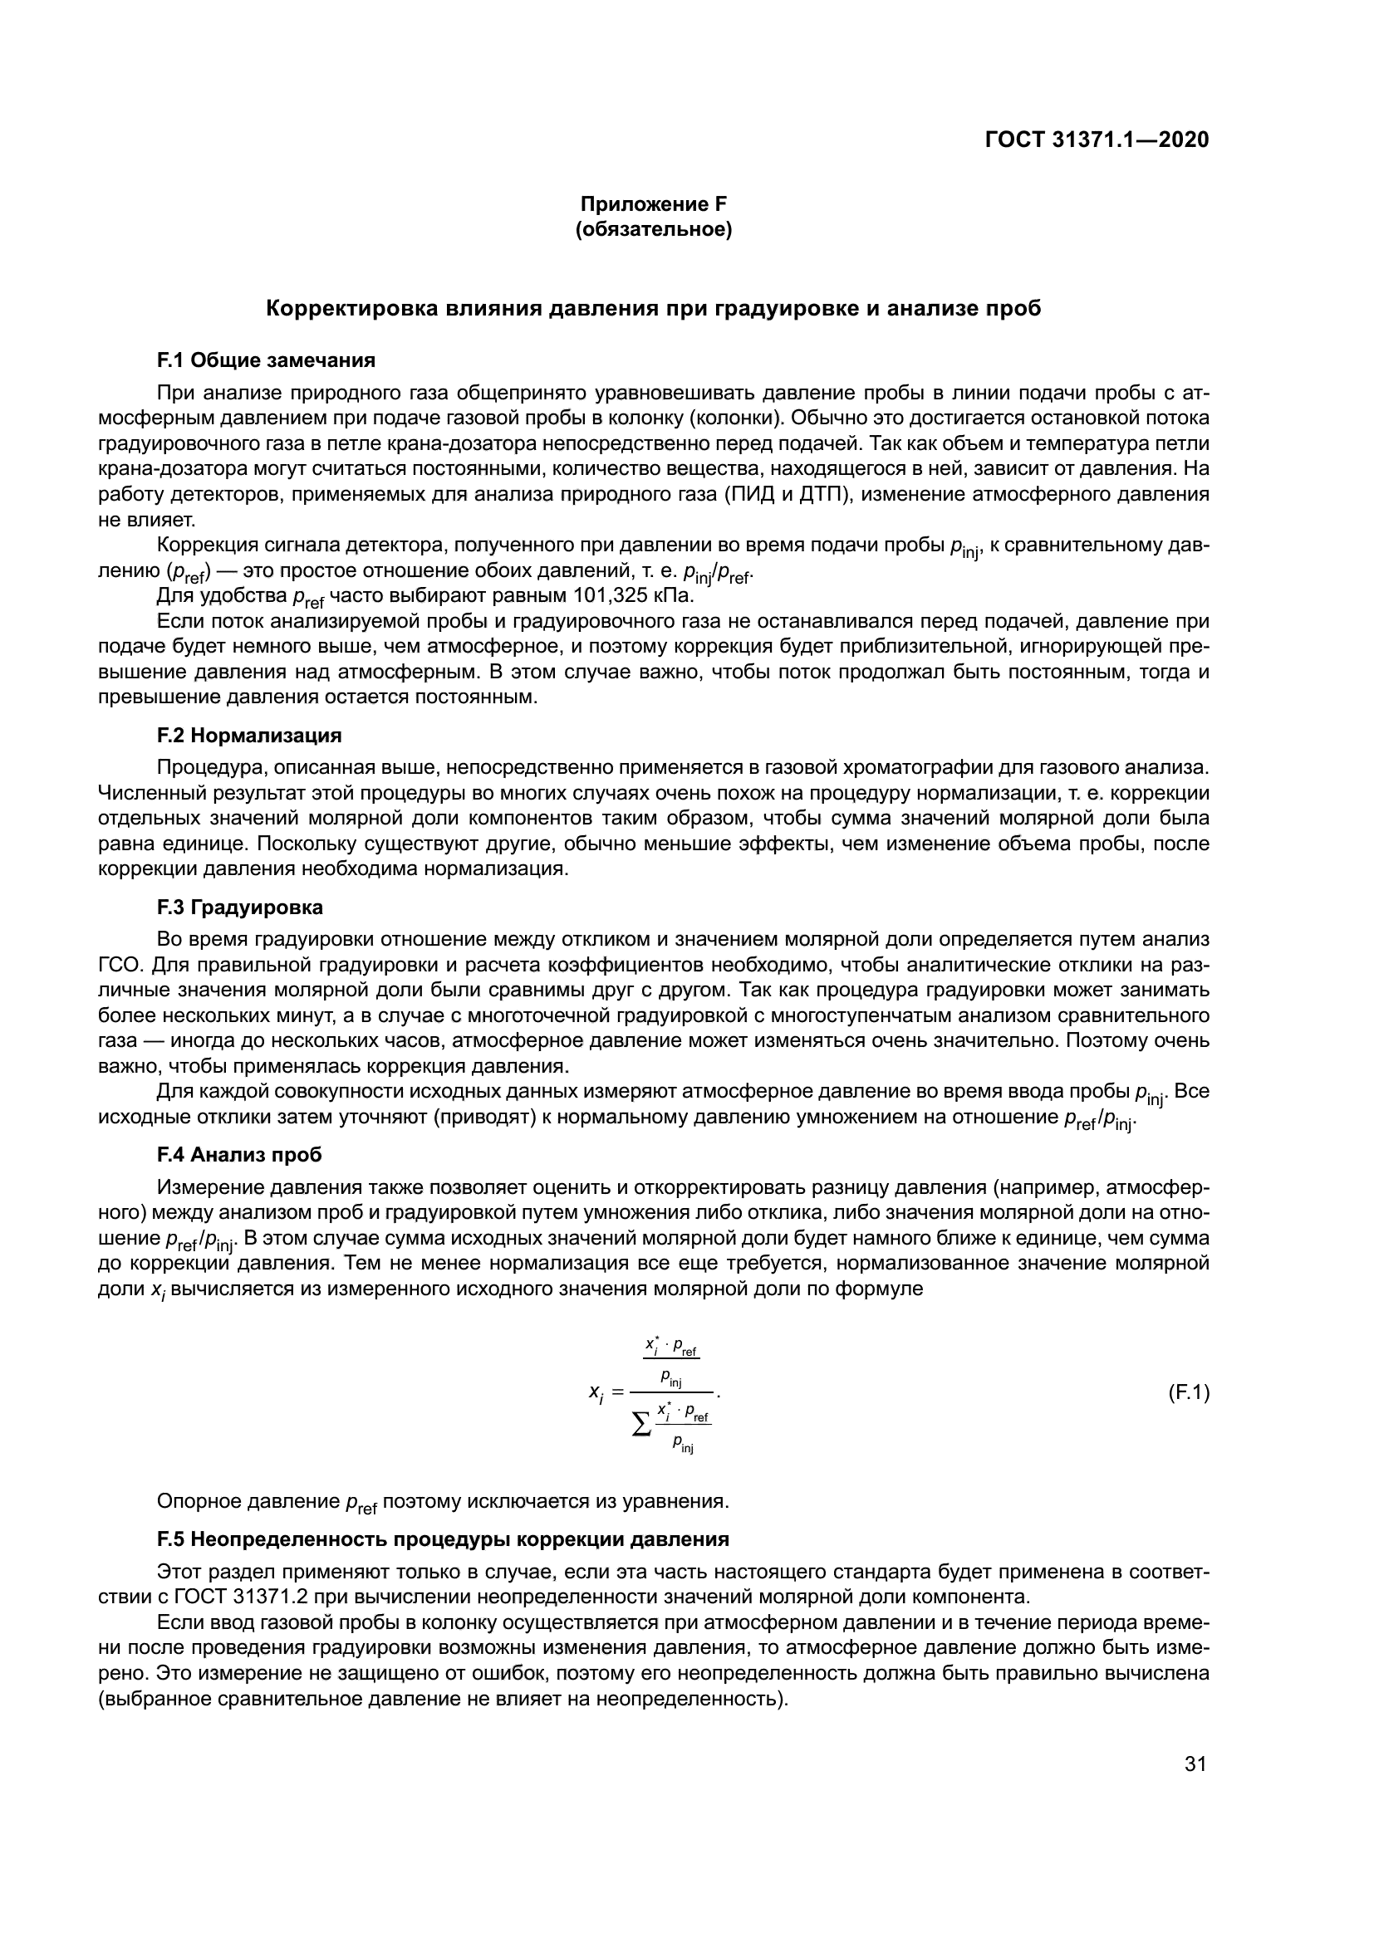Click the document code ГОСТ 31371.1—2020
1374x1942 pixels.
(1097, 139)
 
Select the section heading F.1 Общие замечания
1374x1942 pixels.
(266, 360)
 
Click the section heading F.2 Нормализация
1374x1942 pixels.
(248, 735)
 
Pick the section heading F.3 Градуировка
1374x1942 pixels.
(239, 907)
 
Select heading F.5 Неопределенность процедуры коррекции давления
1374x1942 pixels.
(443, 1538)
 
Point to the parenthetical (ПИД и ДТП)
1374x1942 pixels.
(802, 494)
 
